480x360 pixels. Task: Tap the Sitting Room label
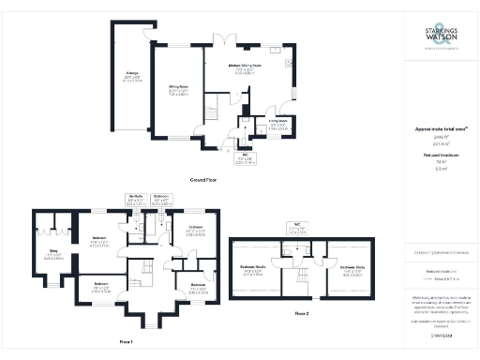(x=180, y=86)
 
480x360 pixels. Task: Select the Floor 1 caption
(x=125, y=342)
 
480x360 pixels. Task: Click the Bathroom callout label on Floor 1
(x=160, y=197)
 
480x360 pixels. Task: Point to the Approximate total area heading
(x=438, y=129)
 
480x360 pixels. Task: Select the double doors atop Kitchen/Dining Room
(x=225, y=38)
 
